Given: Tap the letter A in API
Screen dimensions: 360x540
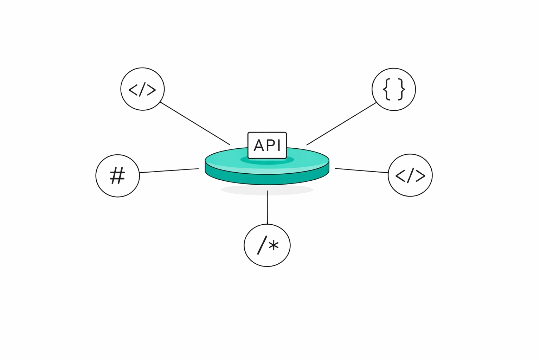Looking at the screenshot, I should (x=259, y=145).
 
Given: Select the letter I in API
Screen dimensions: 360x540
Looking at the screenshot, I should (x=278, y=145).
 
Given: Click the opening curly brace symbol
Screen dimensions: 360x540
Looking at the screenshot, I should (x=386, y=89).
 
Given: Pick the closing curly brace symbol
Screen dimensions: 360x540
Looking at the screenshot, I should (x=401, y=89).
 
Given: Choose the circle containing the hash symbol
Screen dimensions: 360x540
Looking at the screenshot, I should (x=118, y=175).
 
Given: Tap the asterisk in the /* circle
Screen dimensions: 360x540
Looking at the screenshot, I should (x=274, y=245).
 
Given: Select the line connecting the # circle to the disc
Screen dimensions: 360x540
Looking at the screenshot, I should (x=169, y=171).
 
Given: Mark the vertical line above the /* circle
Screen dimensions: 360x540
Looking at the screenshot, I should (x=267, y=207).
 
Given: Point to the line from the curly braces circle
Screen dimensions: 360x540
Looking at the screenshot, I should (x=341, y=124).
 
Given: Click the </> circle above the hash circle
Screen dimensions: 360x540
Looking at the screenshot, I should (x=142, y=89).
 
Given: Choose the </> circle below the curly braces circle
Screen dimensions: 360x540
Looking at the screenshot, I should (x=410, y=175).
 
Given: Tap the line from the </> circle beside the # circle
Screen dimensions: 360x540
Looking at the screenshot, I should (x=195, y=123).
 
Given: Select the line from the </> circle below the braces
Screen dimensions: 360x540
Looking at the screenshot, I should (x=361, y=171).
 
